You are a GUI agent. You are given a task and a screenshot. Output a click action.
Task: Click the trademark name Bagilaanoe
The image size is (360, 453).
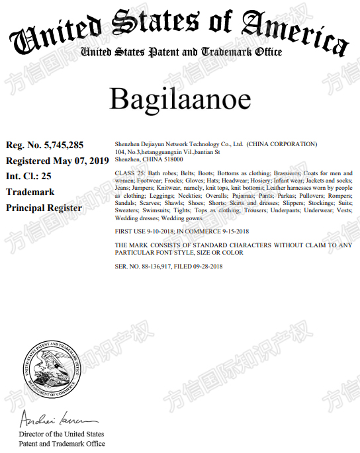[180, 99]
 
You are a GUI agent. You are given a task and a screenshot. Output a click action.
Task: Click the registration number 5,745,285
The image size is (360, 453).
[64, 144]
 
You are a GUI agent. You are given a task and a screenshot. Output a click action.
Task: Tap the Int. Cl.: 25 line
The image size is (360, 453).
[28, 176]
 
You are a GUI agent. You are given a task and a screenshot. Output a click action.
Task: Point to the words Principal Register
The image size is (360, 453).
[44, 208]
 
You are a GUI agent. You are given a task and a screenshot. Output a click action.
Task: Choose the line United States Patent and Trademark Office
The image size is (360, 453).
[180, 52]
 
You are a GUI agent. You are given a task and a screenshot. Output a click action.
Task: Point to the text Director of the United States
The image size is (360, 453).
[62, 434]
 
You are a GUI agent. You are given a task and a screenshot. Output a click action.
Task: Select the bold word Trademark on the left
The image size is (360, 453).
[30, 192]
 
